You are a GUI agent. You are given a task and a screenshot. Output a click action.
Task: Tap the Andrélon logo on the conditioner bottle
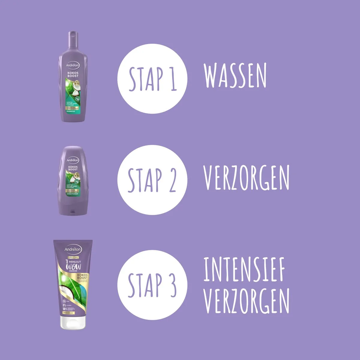(73, 160)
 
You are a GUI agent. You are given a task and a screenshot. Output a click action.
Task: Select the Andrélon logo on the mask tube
(73, 249)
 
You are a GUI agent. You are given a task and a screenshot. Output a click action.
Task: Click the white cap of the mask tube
(73, 322)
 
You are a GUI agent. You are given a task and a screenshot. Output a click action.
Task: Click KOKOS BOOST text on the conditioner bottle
(73, 168)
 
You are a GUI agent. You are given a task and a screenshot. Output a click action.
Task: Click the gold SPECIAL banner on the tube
(73, 257)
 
